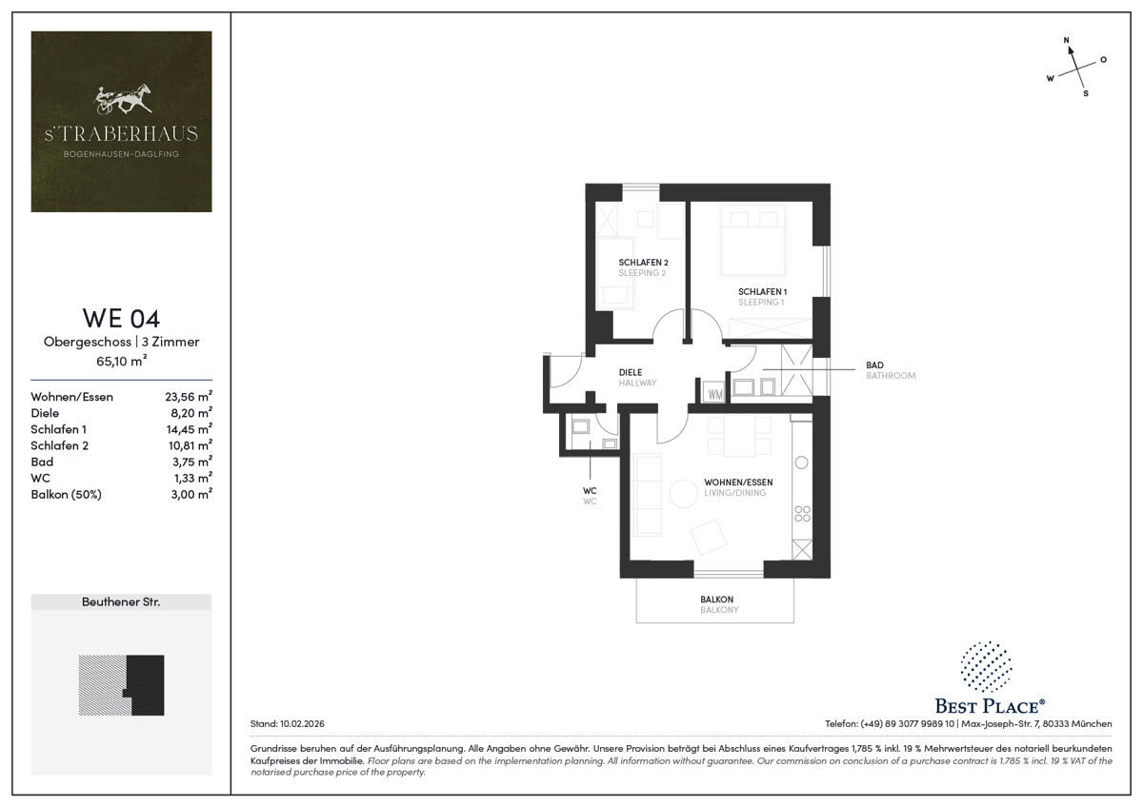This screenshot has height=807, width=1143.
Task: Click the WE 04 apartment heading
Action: [x=121, y=318]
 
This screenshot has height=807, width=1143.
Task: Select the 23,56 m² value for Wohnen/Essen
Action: [x=189, y=396]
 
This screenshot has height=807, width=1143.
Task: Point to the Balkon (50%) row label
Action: [x=67, y=495]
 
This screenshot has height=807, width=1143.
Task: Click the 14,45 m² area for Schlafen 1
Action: [x=189, y=429]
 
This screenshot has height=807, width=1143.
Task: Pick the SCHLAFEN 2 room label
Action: [x=643, y=262]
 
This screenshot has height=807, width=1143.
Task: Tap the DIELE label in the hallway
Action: [x=631, y=372]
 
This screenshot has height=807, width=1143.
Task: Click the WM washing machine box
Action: [x=714, y=393]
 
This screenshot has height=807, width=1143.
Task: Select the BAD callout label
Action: [x=874, y=365]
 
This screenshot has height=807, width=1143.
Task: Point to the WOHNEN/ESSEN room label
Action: [x=738, y=482]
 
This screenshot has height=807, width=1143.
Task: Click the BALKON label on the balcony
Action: [x=717, y=600]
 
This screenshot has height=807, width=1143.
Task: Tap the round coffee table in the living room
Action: [x=683, y=494]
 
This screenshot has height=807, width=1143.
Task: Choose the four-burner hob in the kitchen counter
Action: [x=802, y=514]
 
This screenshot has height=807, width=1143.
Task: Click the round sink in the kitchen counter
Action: [x=802, y=463]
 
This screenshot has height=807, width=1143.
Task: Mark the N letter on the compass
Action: [x=1066, y=40]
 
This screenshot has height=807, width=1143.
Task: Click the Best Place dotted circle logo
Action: [x=987, y=667]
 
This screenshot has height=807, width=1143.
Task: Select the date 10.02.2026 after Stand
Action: [x=302, y=723]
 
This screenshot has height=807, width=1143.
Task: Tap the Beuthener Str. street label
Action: [x=121, y=602]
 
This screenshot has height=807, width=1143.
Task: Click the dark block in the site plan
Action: [x=147, y=684]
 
